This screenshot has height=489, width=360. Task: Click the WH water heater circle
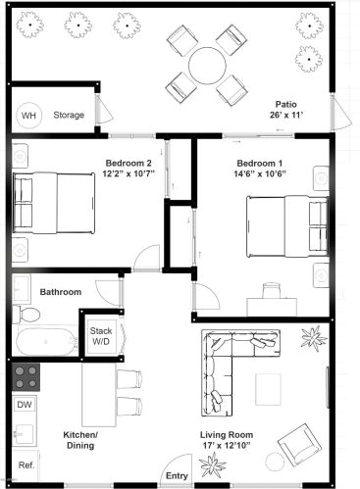click(x=28, y=115)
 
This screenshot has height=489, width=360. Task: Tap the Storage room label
click(x=69, y=115)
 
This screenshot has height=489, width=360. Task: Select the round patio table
click(x=206, y=66)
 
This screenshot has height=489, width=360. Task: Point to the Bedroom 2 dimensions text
click(x=128, y=175)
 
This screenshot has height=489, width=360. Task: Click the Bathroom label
click(x=60, y=292)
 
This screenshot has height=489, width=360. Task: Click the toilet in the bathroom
click(x=26, y=313)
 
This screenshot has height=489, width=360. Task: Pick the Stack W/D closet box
click(x=101, y=337)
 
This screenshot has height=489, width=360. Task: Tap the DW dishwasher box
click(x=25, y=404)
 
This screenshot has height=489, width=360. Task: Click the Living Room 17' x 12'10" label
click(x=227, y=440)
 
